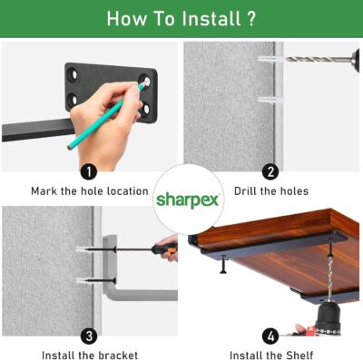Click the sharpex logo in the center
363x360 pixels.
pyautogui.click(x=187, y=200)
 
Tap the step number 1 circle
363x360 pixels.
pyautogui.click(x=89, y=172)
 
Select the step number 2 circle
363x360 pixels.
pyautogui.click(x=270, y=172)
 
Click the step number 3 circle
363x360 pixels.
pyautogui.click(x=89, y=336)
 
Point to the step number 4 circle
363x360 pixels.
pyautogui.click(x=270, y=336)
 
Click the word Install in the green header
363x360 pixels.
pyautogui.click(x=211, y=19)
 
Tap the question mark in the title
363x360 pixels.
pyautogui.click(x=251, y=19)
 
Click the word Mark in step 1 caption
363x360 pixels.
pyautogui.click(x=44, y=191)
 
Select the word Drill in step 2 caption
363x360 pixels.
pyautogui.click(x=245, y=191)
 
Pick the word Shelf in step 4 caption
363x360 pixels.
pyautogui.click(x=299, y=355)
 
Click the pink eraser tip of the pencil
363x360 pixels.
pyautogui.click(x=70, y=148)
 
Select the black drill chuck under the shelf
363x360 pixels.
pyautogui.click(x=328, y=318)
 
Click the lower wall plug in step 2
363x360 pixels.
pyautogui.click(x=270, y=100)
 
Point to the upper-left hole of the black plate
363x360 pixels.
pyautogui.click(x=74, y=74)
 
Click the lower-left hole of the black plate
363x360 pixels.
pyautogui.click(x=73, y=100)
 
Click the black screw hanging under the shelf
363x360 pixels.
pyautogui.click(x=223, y=265)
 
